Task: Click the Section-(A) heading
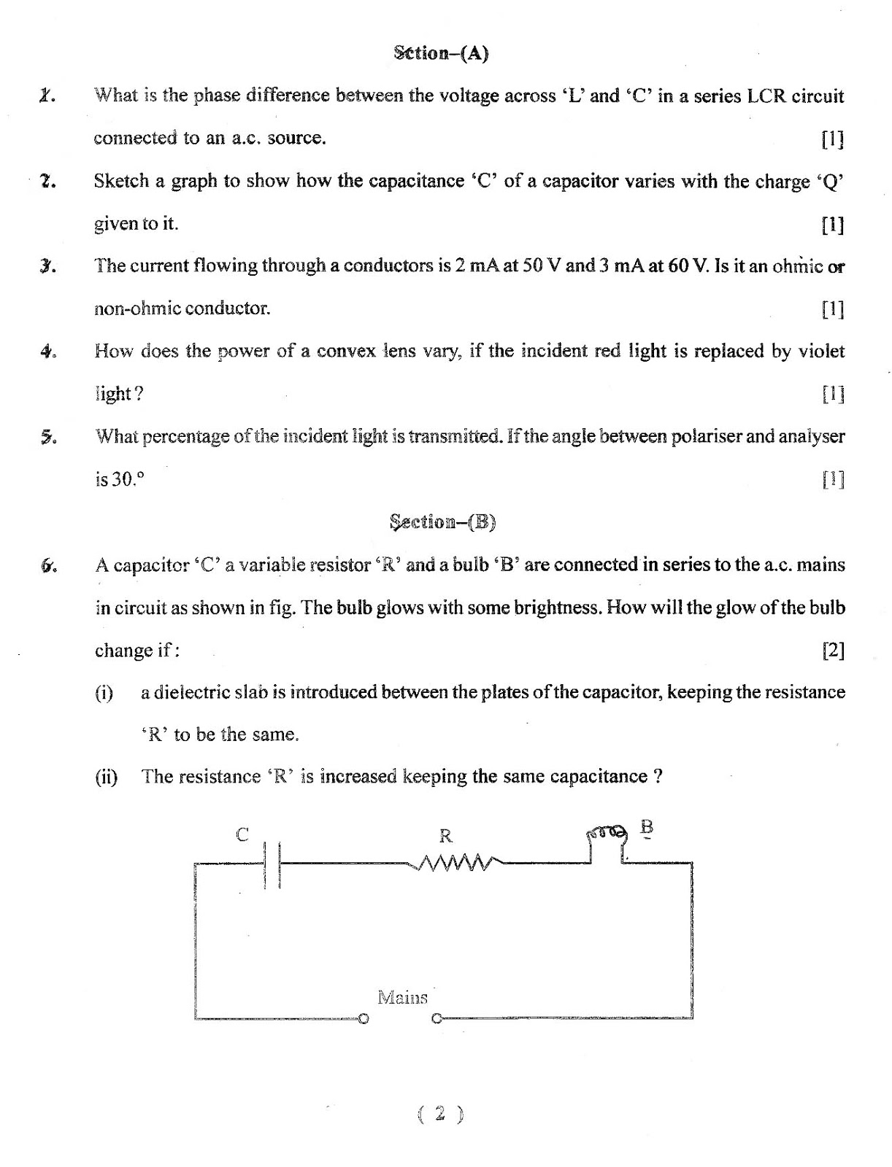click(441, 53)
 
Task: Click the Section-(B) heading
click(442, 522)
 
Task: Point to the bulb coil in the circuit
click(607, 832)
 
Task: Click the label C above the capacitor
click(242, 834)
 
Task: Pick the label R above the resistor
click(445, 836)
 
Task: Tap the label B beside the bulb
click(646, 828)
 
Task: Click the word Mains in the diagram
click(402, 997)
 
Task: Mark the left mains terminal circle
click(364, 1018)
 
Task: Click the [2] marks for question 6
click(833, 650)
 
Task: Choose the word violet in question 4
click(820, 351)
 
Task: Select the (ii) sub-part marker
click(107, 776)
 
